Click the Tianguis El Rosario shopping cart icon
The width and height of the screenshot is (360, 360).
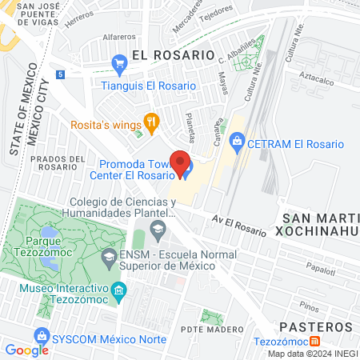[x=120, y=62]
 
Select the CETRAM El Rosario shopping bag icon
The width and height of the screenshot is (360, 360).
[x=237, y=144]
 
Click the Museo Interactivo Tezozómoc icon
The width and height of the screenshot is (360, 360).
[x=119, y=289]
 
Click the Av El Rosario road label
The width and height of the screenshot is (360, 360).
[x=238, y=224]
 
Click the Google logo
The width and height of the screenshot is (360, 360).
[x=26, y=350]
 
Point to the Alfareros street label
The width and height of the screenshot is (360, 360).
[x=119, y=37]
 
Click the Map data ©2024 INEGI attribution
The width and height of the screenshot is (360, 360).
[x=313, y=354]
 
